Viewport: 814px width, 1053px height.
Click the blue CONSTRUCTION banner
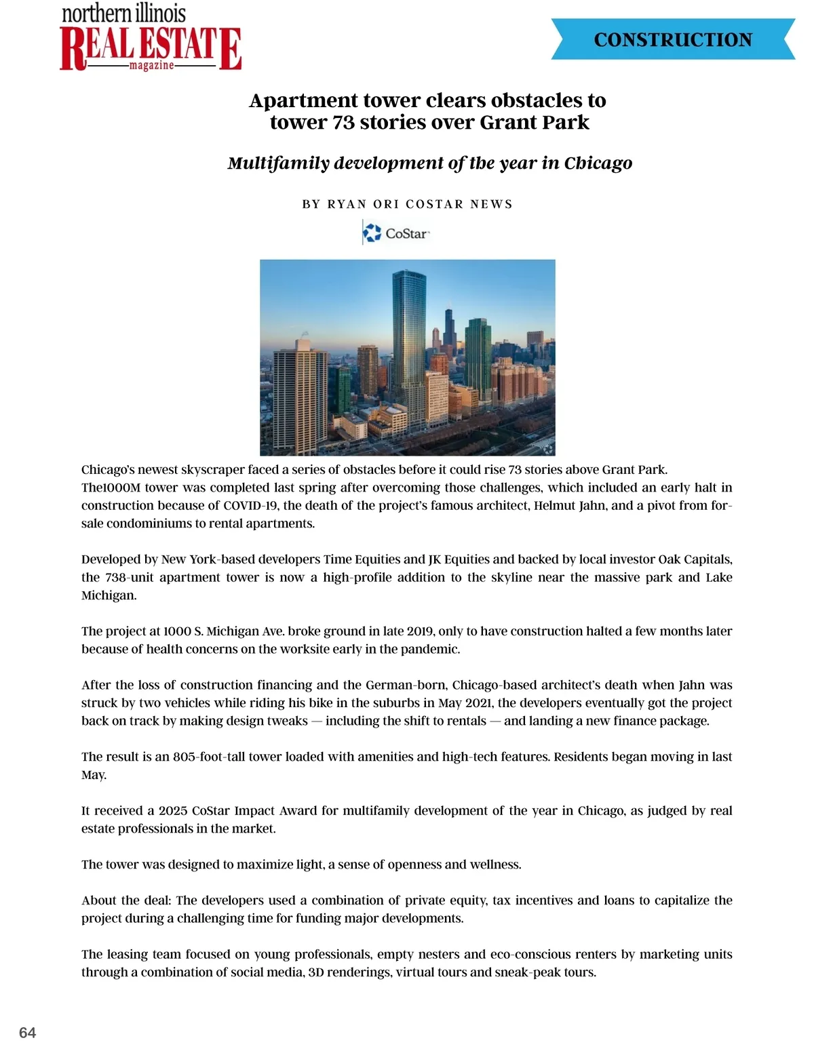[x=673, y=39]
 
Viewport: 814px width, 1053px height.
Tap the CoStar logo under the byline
[x=397, y=233]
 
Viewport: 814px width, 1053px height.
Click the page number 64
[x=28, y=1033]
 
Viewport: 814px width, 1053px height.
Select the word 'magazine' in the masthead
[x=151, y=66]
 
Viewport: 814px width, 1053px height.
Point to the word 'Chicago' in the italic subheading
[x=598, y=163]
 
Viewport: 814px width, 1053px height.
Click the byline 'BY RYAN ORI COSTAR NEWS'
[x=407, y=204]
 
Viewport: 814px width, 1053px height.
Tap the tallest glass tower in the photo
[x=409, y=332]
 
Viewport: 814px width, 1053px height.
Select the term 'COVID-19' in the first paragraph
[x=250, y=505]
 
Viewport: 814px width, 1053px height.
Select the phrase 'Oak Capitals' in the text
[x=695, y=559]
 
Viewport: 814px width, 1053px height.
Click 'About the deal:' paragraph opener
[x=126, y=900]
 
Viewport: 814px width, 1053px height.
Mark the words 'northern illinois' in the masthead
[x=123, y=14]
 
